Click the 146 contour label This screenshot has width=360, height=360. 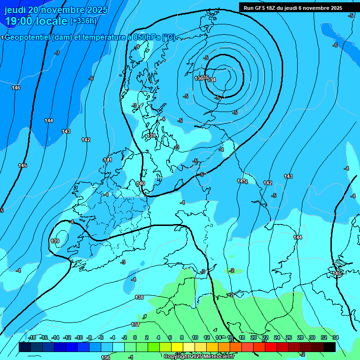point(16,88)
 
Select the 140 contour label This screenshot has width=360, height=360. point(141,183)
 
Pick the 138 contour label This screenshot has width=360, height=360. point(139,297)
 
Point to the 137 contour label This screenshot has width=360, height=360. point(135,324)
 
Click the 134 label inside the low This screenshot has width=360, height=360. point(212,80)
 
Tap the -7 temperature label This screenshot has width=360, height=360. point(57,53)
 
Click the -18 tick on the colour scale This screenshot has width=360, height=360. point(32,337)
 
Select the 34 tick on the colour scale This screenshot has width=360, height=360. point(335,337)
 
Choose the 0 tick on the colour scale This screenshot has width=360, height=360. point(135,337)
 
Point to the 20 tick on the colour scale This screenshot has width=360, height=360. point(253,337)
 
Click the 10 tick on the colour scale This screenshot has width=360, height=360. point(195,337)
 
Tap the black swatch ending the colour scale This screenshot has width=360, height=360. point(329,347)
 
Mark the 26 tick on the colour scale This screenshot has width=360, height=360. point(289,337)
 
